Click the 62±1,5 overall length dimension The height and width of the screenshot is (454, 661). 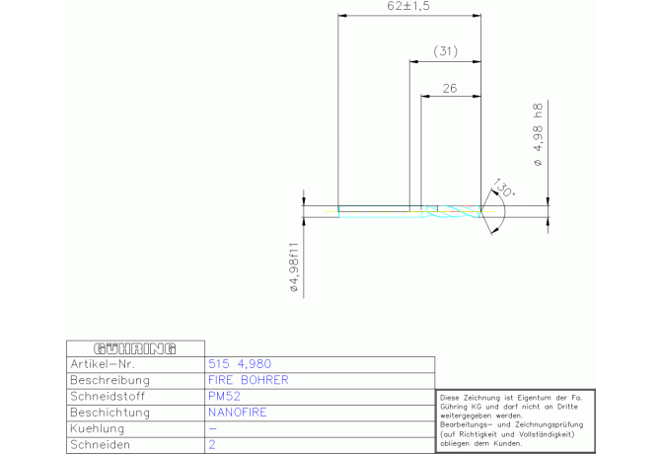408,6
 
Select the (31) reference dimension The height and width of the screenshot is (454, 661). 446,51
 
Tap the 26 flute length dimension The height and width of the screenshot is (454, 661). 450,89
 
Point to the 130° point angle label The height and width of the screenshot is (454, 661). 503,188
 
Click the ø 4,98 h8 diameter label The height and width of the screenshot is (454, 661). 539,135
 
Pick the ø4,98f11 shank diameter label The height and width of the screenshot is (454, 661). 294,266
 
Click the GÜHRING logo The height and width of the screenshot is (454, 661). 135,348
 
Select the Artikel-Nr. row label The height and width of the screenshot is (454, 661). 103,364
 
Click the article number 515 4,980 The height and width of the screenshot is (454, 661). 240,364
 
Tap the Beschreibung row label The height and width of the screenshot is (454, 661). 110,380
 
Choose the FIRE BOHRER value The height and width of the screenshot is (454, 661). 249,380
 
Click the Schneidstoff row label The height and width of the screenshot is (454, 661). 108,396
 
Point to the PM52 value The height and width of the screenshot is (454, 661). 224,396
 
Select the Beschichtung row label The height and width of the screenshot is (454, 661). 110,413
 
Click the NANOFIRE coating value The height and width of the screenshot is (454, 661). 238,413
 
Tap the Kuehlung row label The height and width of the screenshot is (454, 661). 98,428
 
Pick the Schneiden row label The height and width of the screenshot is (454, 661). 101,445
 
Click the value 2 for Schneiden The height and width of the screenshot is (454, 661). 212,445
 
